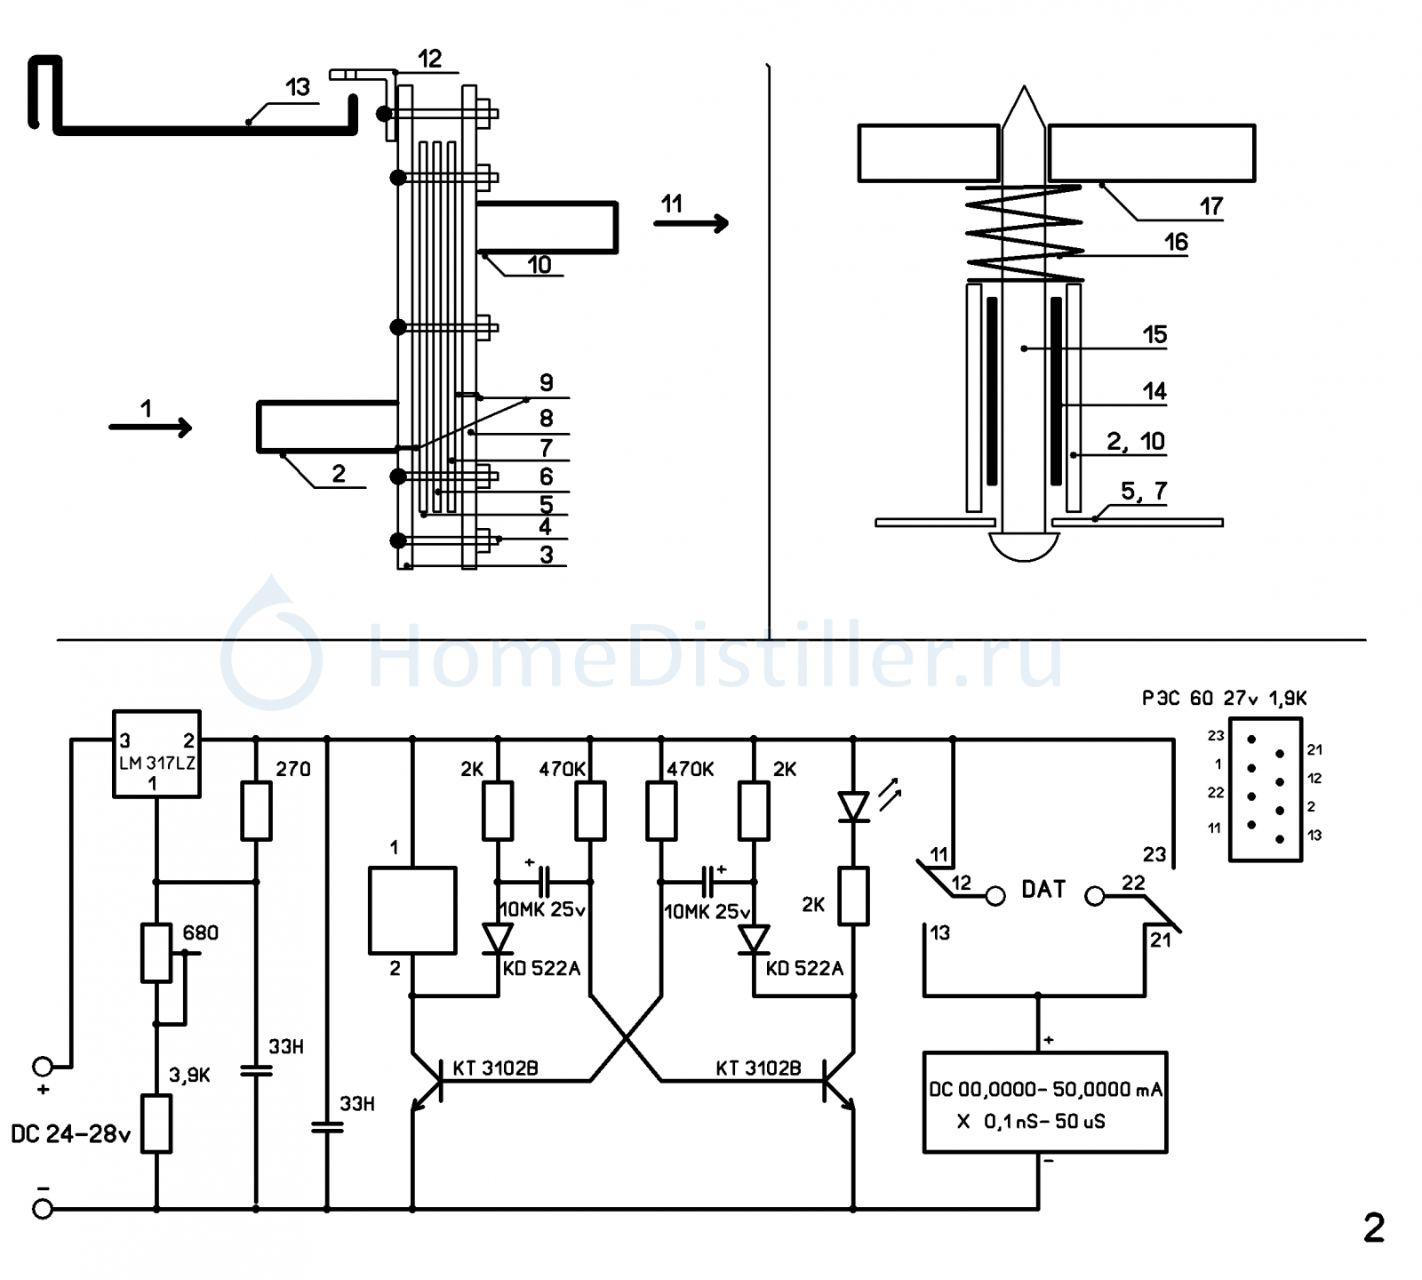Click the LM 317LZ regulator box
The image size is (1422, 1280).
(156, 754)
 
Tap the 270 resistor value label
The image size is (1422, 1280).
(293, 769)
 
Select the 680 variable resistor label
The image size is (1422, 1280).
(200, 932)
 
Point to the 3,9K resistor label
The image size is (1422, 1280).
(189, 1075)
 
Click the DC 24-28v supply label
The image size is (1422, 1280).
(71, 1134)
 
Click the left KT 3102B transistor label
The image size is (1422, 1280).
(495, 1068)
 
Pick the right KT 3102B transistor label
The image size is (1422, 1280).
(758, 1068)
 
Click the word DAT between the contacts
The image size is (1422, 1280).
(1043, 890)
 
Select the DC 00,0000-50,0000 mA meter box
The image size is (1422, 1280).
(1045, 1102)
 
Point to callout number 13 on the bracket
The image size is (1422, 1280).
(298, 87)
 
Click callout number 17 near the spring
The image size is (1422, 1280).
(1211, 206)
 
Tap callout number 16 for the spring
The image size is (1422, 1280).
(1176, 242)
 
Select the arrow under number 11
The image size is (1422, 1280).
(691, 223)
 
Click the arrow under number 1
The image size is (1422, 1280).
(150, 428)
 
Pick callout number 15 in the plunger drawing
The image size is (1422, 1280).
(1154, 335)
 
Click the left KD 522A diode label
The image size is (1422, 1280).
(541, 968)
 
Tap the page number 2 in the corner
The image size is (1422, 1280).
(1374, 1228)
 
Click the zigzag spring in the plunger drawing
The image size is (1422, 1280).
(1025, 233)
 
